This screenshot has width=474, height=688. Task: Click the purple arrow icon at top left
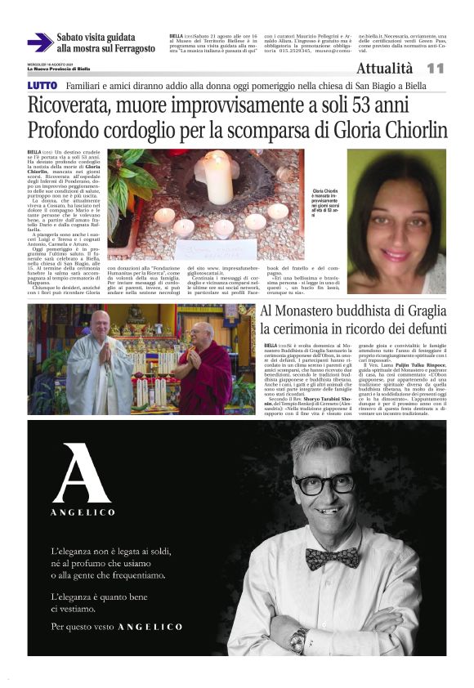pos(39,42)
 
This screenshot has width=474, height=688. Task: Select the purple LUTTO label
pos(42,85)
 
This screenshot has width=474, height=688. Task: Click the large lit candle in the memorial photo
pos(217,174)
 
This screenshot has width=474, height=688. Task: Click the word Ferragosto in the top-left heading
pos(127,48)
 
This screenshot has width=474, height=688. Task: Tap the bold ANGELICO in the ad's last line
pos(150,627)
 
